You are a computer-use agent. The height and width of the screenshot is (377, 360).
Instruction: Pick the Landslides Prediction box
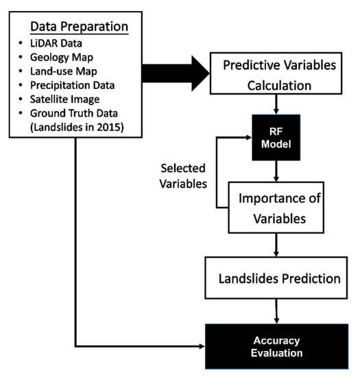click(276, 279)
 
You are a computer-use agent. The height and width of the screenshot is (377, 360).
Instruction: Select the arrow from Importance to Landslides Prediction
click(276, 244)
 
